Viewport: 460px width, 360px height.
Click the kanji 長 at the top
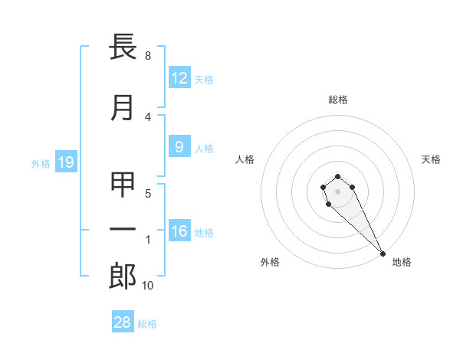[123, 47]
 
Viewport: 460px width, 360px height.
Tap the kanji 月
[123, 109]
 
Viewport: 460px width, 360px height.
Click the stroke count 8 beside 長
[147, 56]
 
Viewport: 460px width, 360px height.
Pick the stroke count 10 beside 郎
[147, 286]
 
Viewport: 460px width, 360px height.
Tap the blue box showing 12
[179, 77]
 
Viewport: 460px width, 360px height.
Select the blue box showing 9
[179, 147]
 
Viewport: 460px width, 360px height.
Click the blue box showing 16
[179, 231]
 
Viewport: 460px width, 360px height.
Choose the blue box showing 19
[65, 162]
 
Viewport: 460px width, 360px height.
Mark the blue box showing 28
[122, 322]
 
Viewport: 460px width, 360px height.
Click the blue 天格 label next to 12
[204, 79]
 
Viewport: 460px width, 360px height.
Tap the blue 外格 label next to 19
[40, 163]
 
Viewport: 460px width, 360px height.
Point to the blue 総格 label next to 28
[147, 324]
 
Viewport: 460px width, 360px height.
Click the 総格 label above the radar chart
[337, 100]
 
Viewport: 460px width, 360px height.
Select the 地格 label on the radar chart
[402, 263]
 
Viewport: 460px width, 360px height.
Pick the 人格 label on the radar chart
[245, 159]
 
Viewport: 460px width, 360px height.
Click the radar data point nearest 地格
[383, 254]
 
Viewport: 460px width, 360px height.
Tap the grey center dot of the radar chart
[337, 191]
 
